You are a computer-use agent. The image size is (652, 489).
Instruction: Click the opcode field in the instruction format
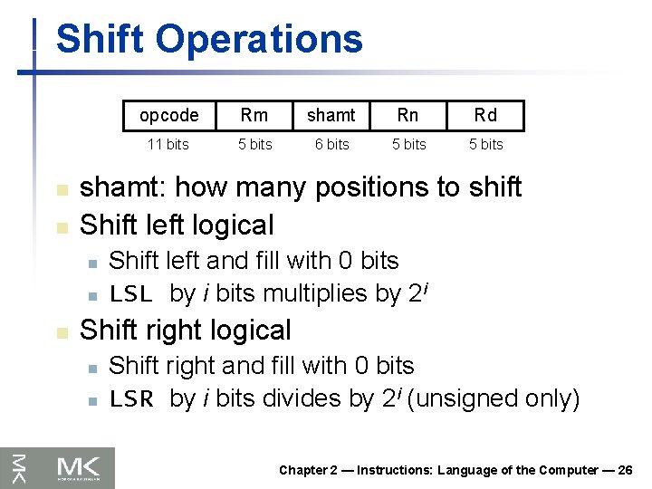tap(169, 115)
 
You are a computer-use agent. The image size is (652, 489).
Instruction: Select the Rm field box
tap(254, 115)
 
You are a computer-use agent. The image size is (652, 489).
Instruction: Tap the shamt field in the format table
tap(331, 115)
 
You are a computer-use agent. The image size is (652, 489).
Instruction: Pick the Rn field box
tap(408, 115)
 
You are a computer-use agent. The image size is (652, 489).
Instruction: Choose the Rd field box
tap(485, 115)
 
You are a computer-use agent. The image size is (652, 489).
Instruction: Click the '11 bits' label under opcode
tap(168, 144)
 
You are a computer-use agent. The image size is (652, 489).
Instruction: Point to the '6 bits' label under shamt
tap(331, 144)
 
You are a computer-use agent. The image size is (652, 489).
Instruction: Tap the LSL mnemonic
tap(131, 294)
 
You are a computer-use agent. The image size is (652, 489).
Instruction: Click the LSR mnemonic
tap(131, 399)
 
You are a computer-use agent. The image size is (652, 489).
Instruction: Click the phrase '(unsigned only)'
tap(494, 398)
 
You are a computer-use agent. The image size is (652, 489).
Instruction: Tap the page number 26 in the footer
tap(625, 470)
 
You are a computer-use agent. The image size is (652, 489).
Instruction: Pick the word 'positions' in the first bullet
tap(369, 187)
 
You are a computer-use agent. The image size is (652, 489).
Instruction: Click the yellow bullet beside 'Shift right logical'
tap(62, 332)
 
